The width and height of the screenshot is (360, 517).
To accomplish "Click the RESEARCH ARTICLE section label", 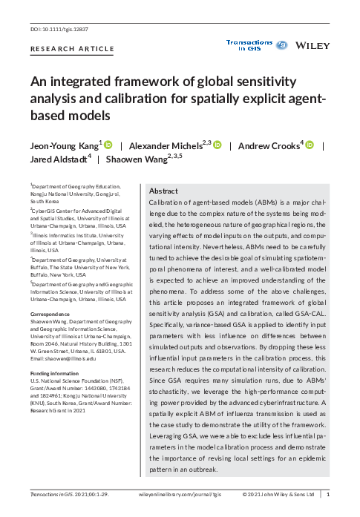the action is [72, 49].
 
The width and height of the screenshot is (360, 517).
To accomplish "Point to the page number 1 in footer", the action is [329, 493].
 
